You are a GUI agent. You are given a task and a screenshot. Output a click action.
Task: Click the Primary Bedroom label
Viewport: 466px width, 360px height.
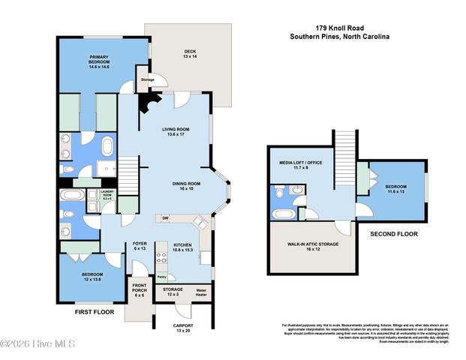pos(100,61)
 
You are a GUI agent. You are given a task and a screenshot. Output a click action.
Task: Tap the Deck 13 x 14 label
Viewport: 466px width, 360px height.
pos(190,54)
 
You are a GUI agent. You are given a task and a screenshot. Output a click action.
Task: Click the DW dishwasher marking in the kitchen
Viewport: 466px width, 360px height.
pos(166,218)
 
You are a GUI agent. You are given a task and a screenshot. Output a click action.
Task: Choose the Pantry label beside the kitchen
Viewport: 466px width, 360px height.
pos(161,277)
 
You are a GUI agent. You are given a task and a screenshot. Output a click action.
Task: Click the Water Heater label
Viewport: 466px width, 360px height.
pos(201,291)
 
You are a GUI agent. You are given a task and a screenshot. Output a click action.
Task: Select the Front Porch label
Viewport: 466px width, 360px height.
pos(140,290)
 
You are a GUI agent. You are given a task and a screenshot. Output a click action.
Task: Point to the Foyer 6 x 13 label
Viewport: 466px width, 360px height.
pos(140,246)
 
